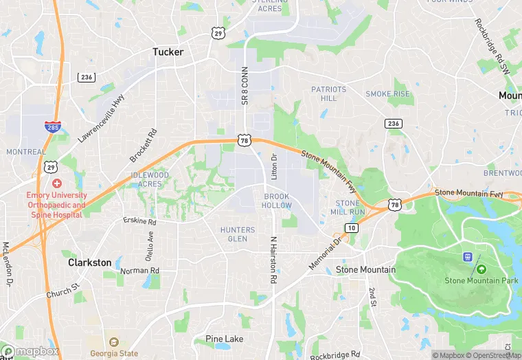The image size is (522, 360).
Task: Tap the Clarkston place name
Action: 89,262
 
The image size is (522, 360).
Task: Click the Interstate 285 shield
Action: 52,127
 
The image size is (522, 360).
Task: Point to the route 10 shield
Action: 352,227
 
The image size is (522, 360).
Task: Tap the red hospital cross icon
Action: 56,183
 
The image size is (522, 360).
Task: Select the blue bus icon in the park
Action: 468,257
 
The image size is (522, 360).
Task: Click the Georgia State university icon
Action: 114,342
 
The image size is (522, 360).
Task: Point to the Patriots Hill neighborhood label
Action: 328,93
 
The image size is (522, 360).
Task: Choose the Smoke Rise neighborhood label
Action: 387,94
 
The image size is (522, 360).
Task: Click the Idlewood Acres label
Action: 150,179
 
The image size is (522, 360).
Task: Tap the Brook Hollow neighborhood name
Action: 277,201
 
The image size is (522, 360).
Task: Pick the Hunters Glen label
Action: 238,234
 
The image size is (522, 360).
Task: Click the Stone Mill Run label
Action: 348,207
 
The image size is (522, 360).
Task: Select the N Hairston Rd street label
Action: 273,260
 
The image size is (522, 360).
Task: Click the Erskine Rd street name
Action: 140,222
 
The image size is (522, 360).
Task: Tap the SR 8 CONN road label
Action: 244,86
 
